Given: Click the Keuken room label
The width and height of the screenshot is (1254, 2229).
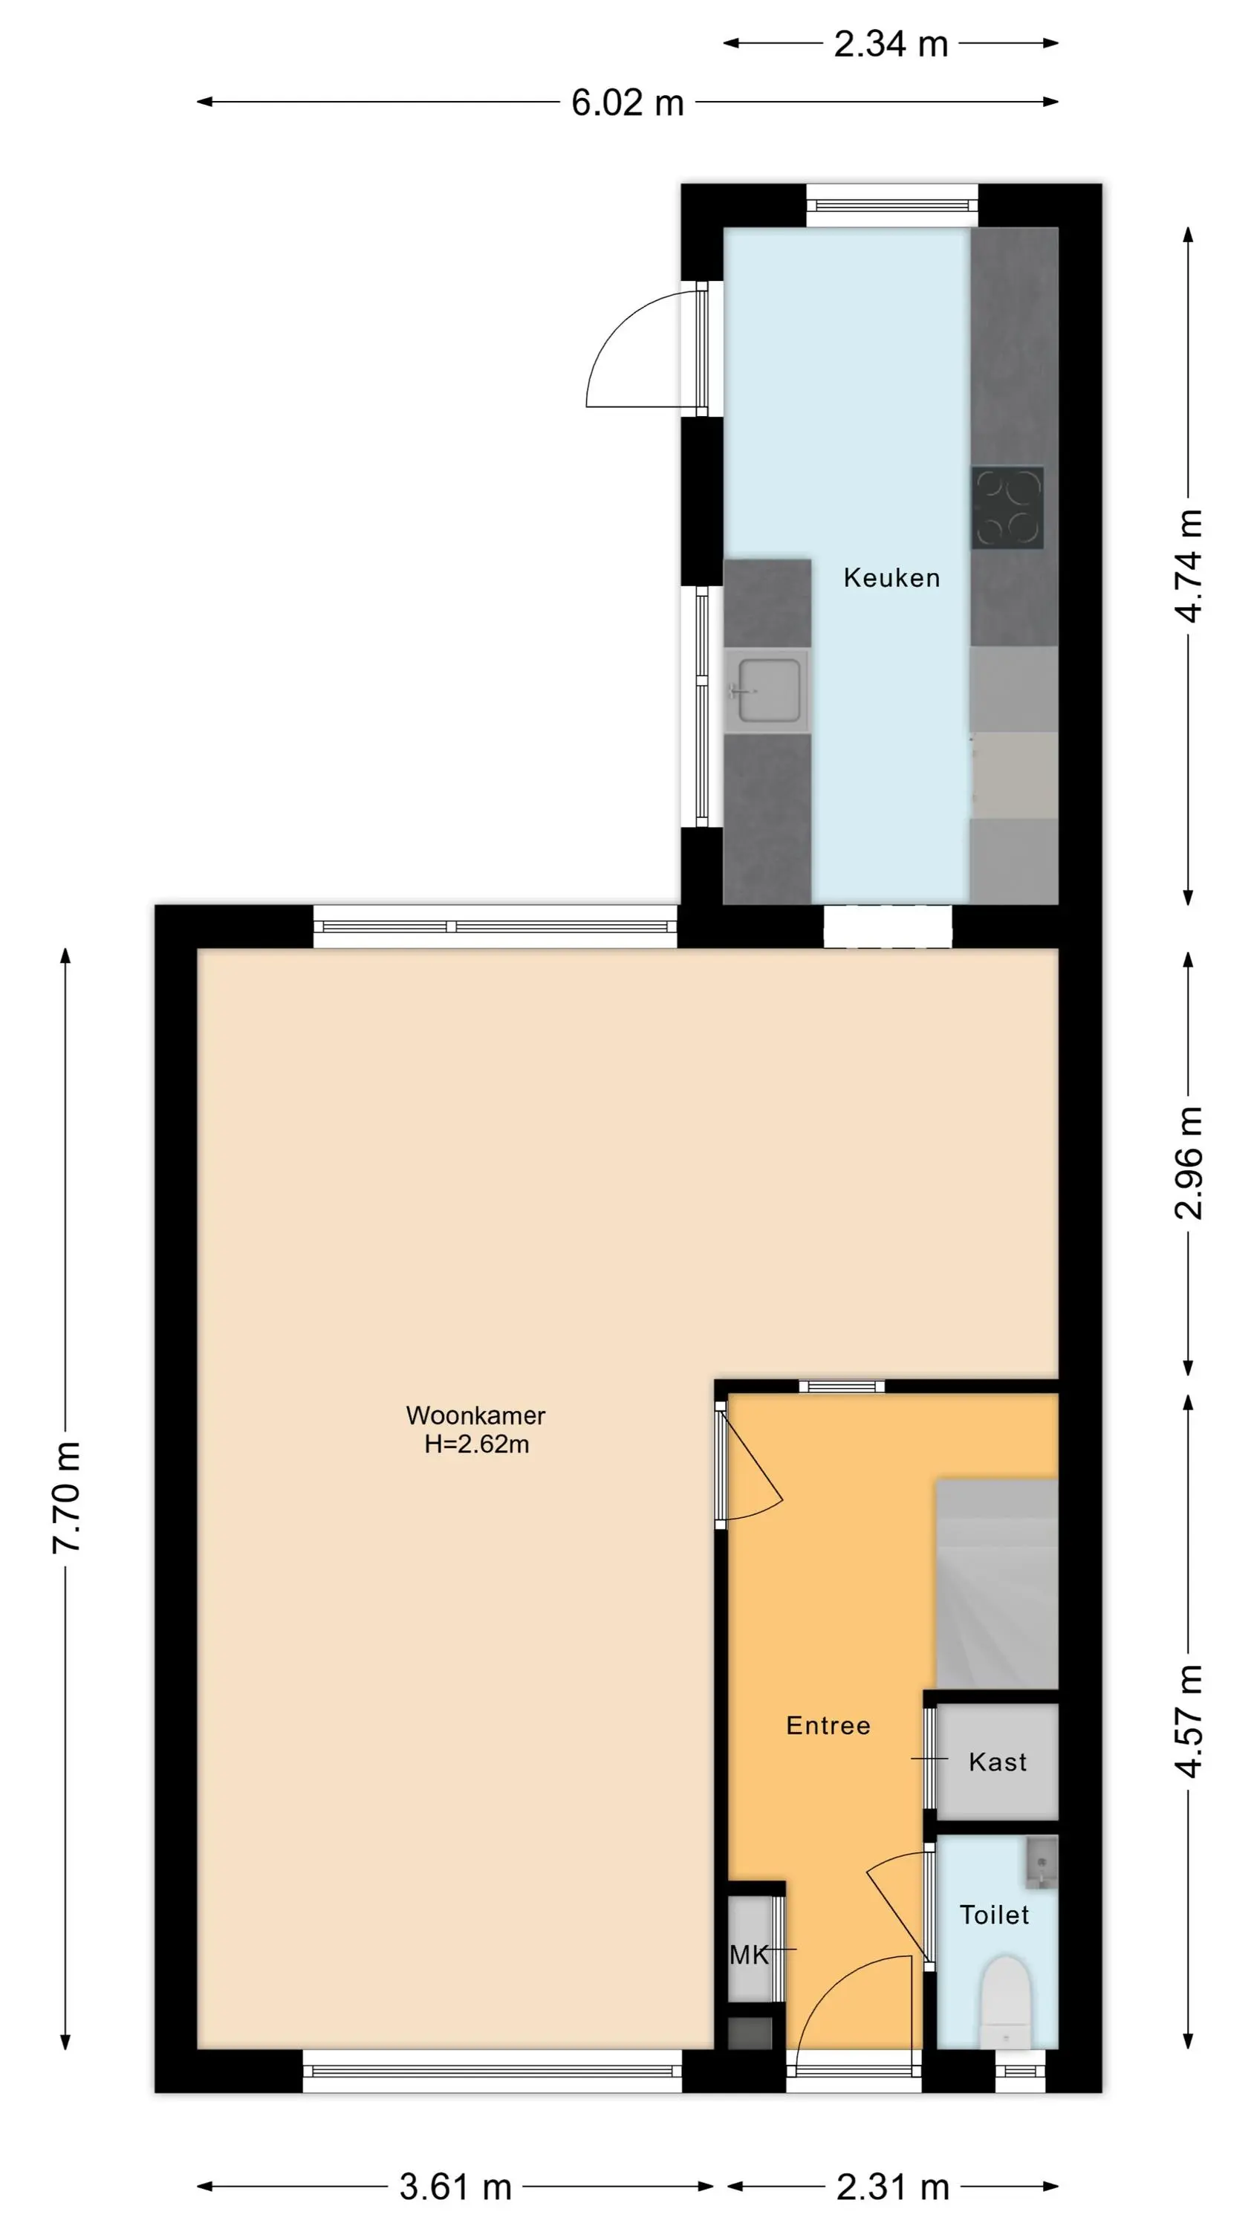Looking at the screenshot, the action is click(891, 578).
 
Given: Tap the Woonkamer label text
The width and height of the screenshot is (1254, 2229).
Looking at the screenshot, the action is click(476, 1415).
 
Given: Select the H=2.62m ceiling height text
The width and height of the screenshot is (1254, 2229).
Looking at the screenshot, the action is click(477, 1444).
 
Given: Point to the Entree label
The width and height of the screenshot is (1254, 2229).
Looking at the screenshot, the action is click(828, 1725).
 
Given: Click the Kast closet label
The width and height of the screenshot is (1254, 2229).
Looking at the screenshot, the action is click(998, 1762).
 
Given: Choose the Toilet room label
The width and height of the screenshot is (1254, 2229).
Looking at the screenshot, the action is click(995, 1915).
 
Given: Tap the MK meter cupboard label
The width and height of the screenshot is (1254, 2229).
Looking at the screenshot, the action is click(750, 1955).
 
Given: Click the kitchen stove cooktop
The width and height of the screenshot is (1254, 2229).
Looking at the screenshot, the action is click(1007, 508).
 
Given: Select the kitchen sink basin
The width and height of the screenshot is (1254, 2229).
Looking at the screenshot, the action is click(768, 690).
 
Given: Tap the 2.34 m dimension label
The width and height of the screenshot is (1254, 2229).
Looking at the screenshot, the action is click(891, 44).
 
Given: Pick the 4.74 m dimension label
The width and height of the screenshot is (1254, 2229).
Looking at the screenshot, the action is click(1189, 566).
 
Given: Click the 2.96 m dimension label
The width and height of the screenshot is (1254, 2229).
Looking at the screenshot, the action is click(1189, 1163).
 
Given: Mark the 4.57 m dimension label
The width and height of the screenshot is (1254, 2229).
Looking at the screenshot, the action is click(1189, 1721).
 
